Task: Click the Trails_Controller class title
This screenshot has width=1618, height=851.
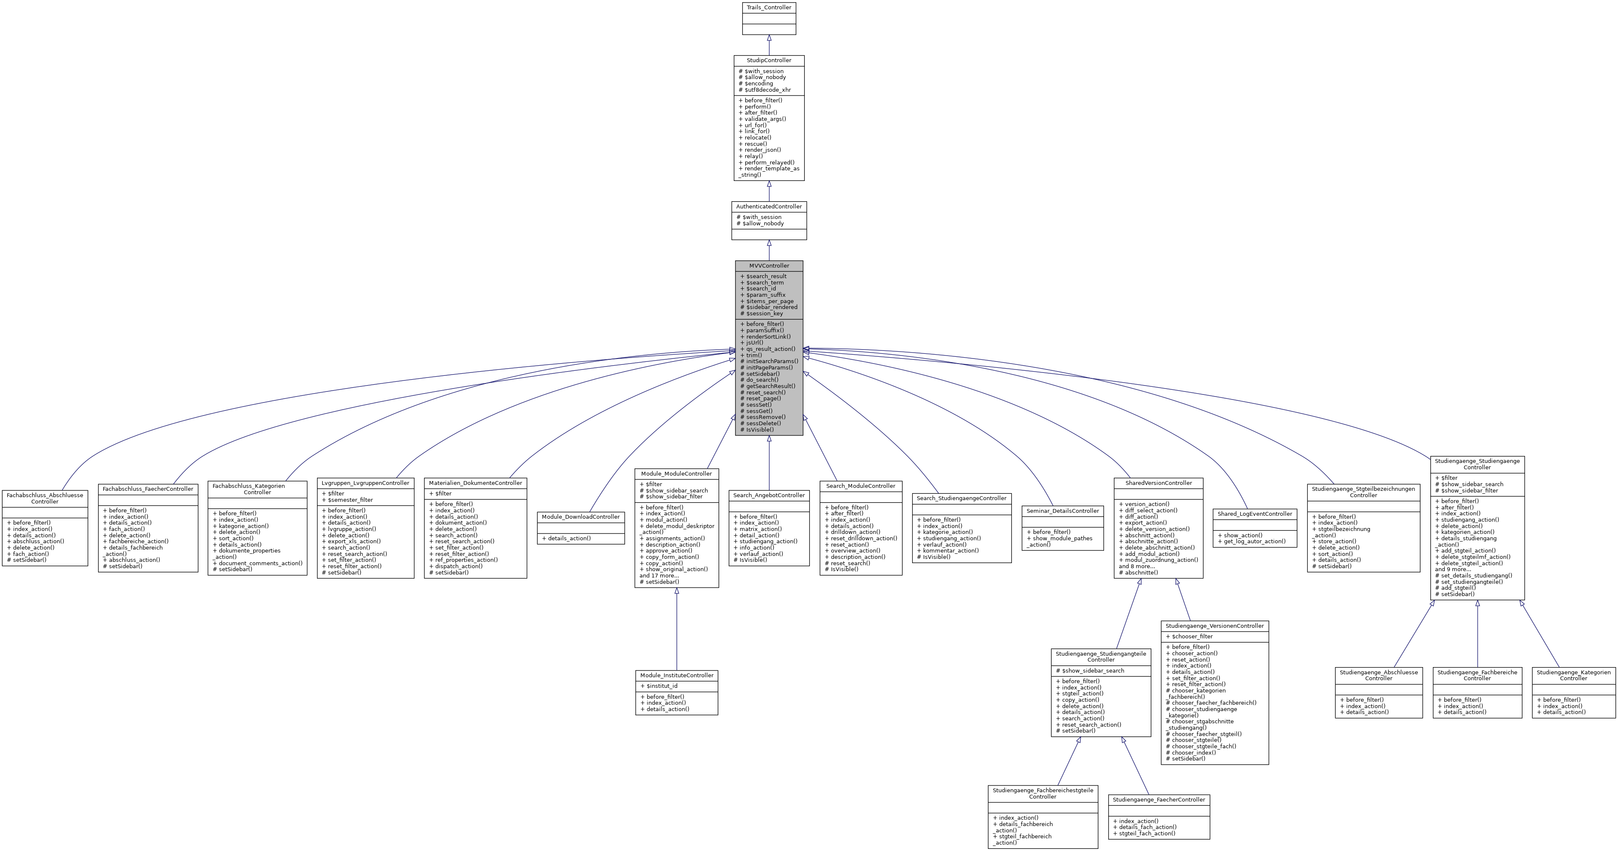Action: pos(769,8)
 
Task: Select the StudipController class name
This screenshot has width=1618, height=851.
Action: pos(769,60)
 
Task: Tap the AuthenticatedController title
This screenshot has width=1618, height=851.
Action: pos(769,207)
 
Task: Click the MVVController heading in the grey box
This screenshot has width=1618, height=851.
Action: pos(769,265)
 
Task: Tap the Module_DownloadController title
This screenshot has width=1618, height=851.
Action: pos(580,517)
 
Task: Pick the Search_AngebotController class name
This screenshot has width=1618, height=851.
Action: pos(769,495)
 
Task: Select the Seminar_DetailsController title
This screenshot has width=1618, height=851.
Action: pos(1062,511)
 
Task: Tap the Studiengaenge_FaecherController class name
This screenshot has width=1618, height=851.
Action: pos(1159,800)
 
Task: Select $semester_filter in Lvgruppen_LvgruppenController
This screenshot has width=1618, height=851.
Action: pos(350,500)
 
